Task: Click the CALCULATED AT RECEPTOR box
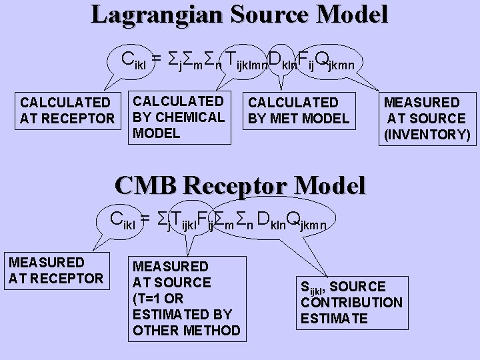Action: [x=67, y=110]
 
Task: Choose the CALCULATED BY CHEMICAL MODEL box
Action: [x=179, y=117]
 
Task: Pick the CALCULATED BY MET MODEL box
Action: [x=298, y=110]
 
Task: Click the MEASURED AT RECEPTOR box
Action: [x=55, y=269]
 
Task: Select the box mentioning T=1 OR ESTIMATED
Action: [x=186, y=298]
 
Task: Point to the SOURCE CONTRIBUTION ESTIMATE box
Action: [x=351, y=302]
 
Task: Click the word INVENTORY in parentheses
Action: [x=427, y=135]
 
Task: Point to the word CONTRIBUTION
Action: [x=351, y=302]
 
